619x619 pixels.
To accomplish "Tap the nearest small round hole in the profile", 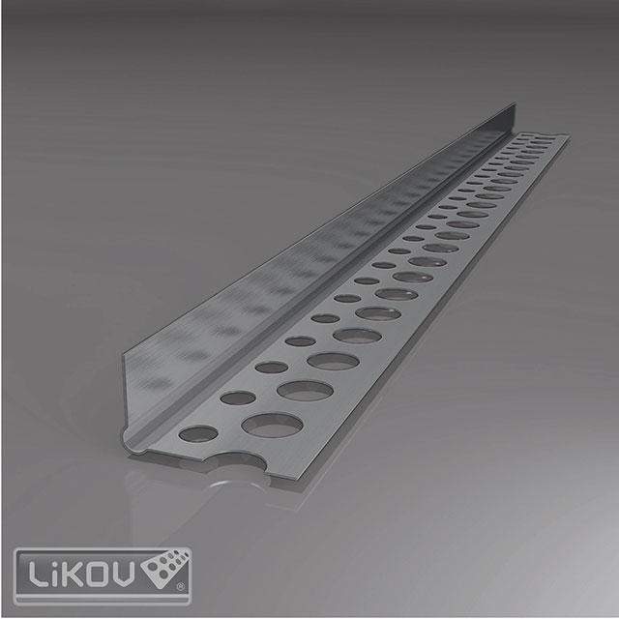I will (197, 433).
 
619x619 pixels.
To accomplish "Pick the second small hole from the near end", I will (238, 398).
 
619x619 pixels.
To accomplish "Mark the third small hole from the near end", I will (272, 367).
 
